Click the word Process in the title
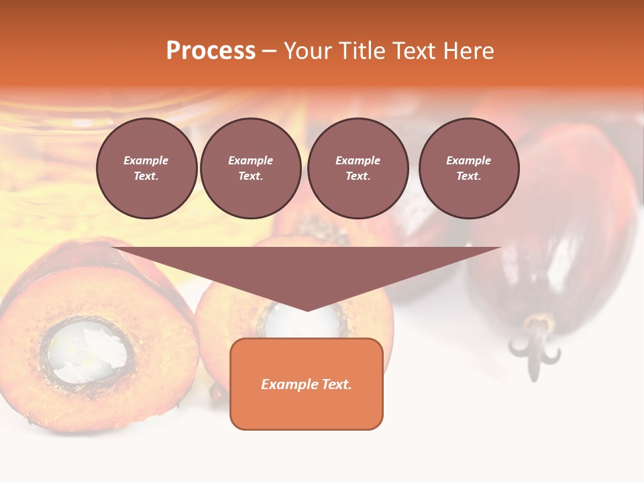(211, 51)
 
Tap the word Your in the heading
(309, 51)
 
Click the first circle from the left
(146, 168)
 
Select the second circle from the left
(250, 168)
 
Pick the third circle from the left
(358, 168)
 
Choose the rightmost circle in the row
(468, 168)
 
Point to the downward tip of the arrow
(307, 309)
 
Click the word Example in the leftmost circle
(146, 160)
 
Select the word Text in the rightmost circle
(468, 176)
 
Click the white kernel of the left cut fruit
(87, 350)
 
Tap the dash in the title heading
(269, 51)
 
